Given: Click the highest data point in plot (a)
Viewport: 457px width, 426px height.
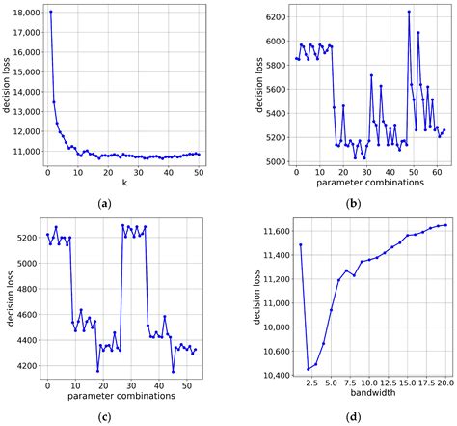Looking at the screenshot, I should [50, 13].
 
